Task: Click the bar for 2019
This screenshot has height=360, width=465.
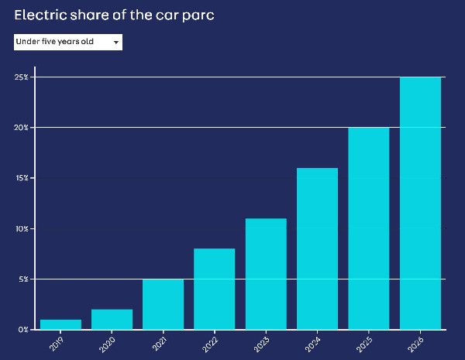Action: tap(60, 324)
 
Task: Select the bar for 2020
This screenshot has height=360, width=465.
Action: tap(112, 319)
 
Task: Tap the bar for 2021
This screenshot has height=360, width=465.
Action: tap(163, 304)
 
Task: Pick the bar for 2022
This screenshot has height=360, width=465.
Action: tap(215, 289)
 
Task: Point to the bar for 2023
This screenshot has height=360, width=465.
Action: tap(266, 274)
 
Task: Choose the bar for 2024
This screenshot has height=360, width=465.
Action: tap(317, 249)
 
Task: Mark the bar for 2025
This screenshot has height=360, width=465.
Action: tap(368, 228)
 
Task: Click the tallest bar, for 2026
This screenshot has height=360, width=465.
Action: tap(420, 203)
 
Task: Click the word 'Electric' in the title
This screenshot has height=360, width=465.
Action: tap(39, 15)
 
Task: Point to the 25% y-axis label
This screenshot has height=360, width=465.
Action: tap(22, 77)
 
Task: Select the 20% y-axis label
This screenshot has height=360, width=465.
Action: tap(22, 128)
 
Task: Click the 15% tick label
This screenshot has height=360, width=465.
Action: tap(22, 178)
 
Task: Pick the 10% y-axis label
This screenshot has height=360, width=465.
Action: tap(22, 228)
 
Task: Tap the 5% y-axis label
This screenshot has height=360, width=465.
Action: tap(23, 279)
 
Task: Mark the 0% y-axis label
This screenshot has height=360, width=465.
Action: tap(23, 329)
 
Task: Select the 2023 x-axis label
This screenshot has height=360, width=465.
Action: tap(263, 342)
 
